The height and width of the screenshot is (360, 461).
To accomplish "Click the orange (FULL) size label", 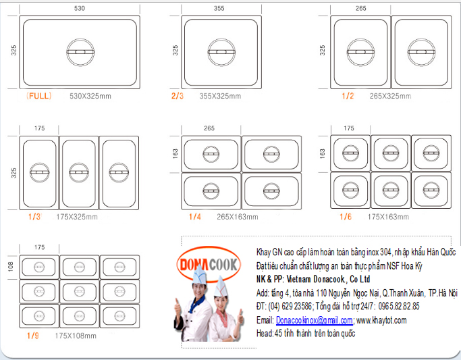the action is coord(38,96).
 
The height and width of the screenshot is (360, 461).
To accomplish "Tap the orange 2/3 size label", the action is coord(178,96).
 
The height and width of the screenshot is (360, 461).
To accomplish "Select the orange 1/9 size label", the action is coord(32,336).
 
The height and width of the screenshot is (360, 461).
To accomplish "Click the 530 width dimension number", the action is coord(80,8).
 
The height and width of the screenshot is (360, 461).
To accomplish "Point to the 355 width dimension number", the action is coord(219,8).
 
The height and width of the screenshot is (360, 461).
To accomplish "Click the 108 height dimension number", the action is coord(11,267).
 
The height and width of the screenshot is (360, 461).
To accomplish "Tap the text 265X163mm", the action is coord(238,217).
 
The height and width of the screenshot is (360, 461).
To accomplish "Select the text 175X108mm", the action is coord(76,336).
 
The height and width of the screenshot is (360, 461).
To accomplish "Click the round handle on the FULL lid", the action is coord(80,52).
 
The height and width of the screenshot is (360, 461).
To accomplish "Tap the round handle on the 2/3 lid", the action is coord(221,52).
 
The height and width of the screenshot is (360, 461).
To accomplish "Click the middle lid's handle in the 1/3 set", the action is coord(79,172).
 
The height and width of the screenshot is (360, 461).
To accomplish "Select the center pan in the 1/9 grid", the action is coord(80,292).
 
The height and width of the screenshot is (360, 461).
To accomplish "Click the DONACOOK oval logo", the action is coord(209,264).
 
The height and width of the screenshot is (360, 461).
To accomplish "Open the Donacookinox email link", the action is coord(315,320).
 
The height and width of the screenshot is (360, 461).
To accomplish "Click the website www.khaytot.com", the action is coord(381,320).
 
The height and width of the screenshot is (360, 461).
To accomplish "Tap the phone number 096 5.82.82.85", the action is coord(399,306).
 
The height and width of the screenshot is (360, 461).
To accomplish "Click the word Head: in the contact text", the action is coord(265,333).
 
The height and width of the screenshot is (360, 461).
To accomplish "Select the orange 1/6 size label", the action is coord(346,217).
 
